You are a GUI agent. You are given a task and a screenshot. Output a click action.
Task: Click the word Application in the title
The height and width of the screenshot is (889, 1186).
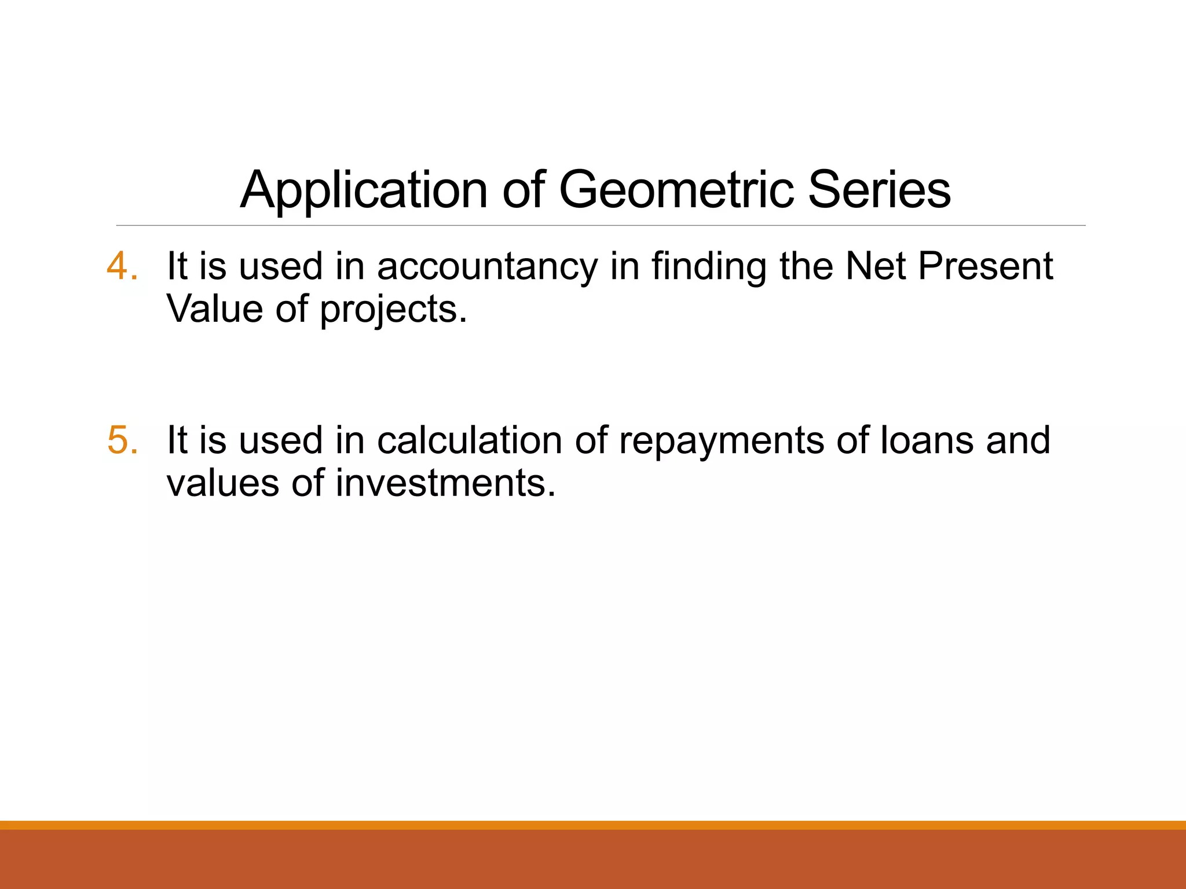[x=364, y=191]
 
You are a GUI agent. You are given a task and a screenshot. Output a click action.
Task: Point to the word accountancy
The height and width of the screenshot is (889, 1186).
[x=487, y=267]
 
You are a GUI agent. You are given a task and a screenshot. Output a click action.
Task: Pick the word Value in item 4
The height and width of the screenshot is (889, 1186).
[x=215, y=309]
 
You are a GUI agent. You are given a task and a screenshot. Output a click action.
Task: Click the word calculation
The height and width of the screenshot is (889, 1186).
[x=470, y=440]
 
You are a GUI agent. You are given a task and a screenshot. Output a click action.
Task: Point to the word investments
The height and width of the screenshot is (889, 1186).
[x=445, y=483]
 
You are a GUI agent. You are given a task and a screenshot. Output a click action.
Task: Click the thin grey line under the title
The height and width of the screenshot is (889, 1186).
[x=601, y=225]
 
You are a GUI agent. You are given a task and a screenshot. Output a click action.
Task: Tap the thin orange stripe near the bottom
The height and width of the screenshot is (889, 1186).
[x=593, y=825]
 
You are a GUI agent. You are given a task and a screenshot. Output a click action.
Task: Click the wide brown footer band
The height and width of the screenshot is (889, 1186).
[x=593, y=859]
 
